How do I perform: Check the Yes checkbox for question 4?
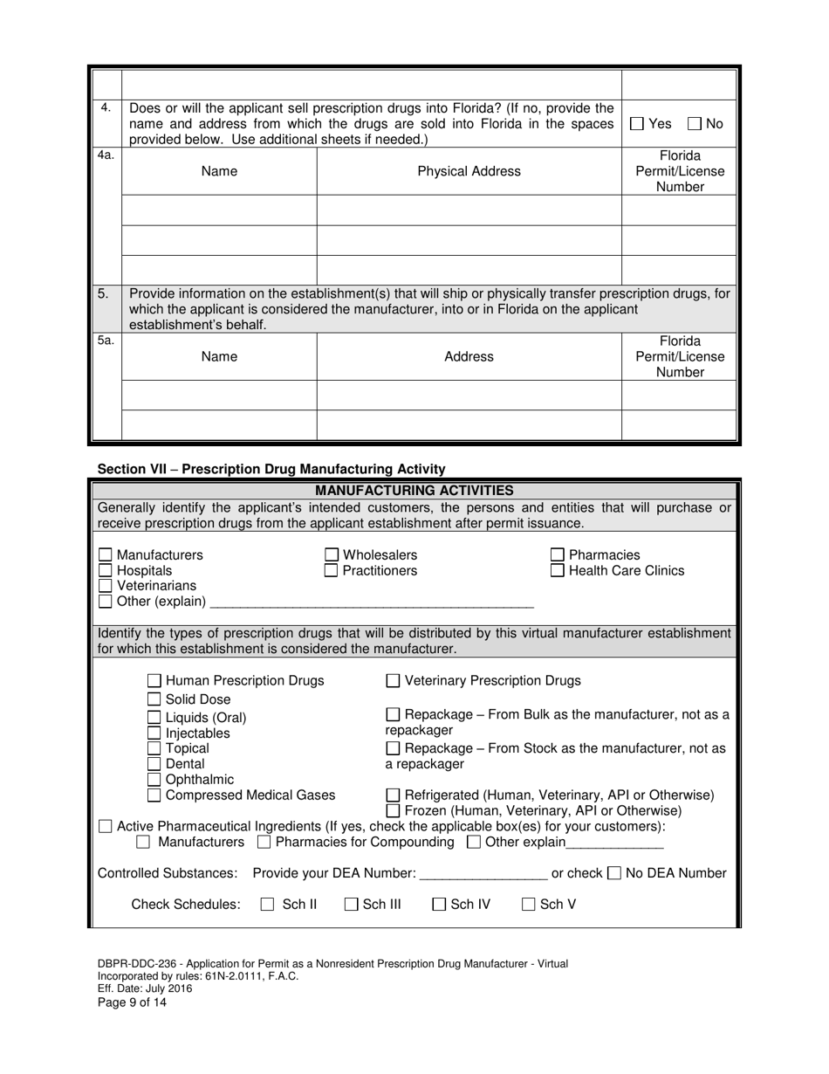[x=637, y=124]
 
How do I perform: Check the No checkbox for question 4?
[x=695, y=124]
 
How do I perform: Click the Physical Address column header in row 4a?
[x=469, y=171]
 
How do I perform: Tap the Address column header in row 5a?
[x=469, y=356]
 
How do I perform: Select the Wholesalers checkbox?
[x=332, y=555]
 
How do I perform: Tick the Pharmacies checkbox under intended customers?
[x=558, y=555]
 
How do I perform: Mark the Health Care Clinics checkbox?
[x=558, y=571]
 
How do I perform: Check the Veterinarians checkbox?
[x=106, y=586]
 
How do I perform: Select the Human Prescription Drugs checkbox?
[x=154, y=681]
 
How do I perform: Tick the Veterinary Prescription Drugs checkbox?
[x=393, y=681]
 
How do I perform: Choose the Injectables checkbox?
[x=154, y=733]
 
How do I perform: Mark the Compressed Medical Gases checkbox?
[x=154, y=795]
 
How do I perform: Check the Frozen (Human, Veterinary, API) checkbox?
[x=393, y=811]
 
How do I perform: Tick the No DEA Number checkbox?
[x=614, y=873]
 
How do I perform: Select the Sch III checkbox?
[x=351, y=905]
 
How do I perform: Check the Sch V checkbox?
[x=529, y=905]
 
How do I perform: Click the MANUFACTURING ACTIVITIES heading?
[x=414, y=491]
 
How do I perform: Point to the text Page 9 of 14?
[x=132, y=1002]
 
